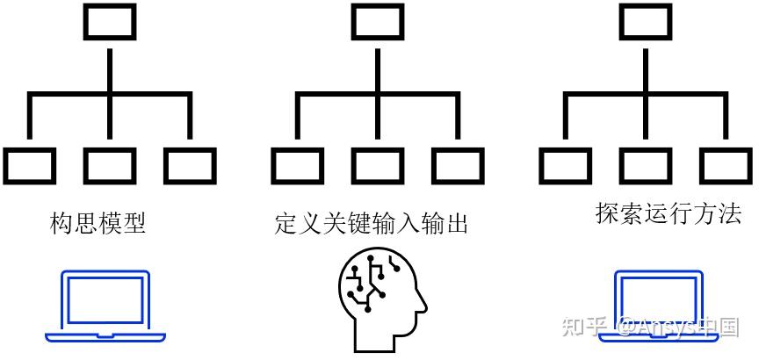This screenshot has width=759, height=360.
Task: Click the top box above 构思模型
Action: pos(110,22)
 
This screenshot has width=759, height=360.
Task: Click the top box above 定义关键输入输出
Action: pos(378,22)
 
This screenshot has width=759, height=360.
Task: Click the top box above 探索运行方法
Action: pos(646,22)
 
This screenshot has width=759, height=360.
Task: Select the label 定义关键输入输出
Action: pos(371,224)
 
